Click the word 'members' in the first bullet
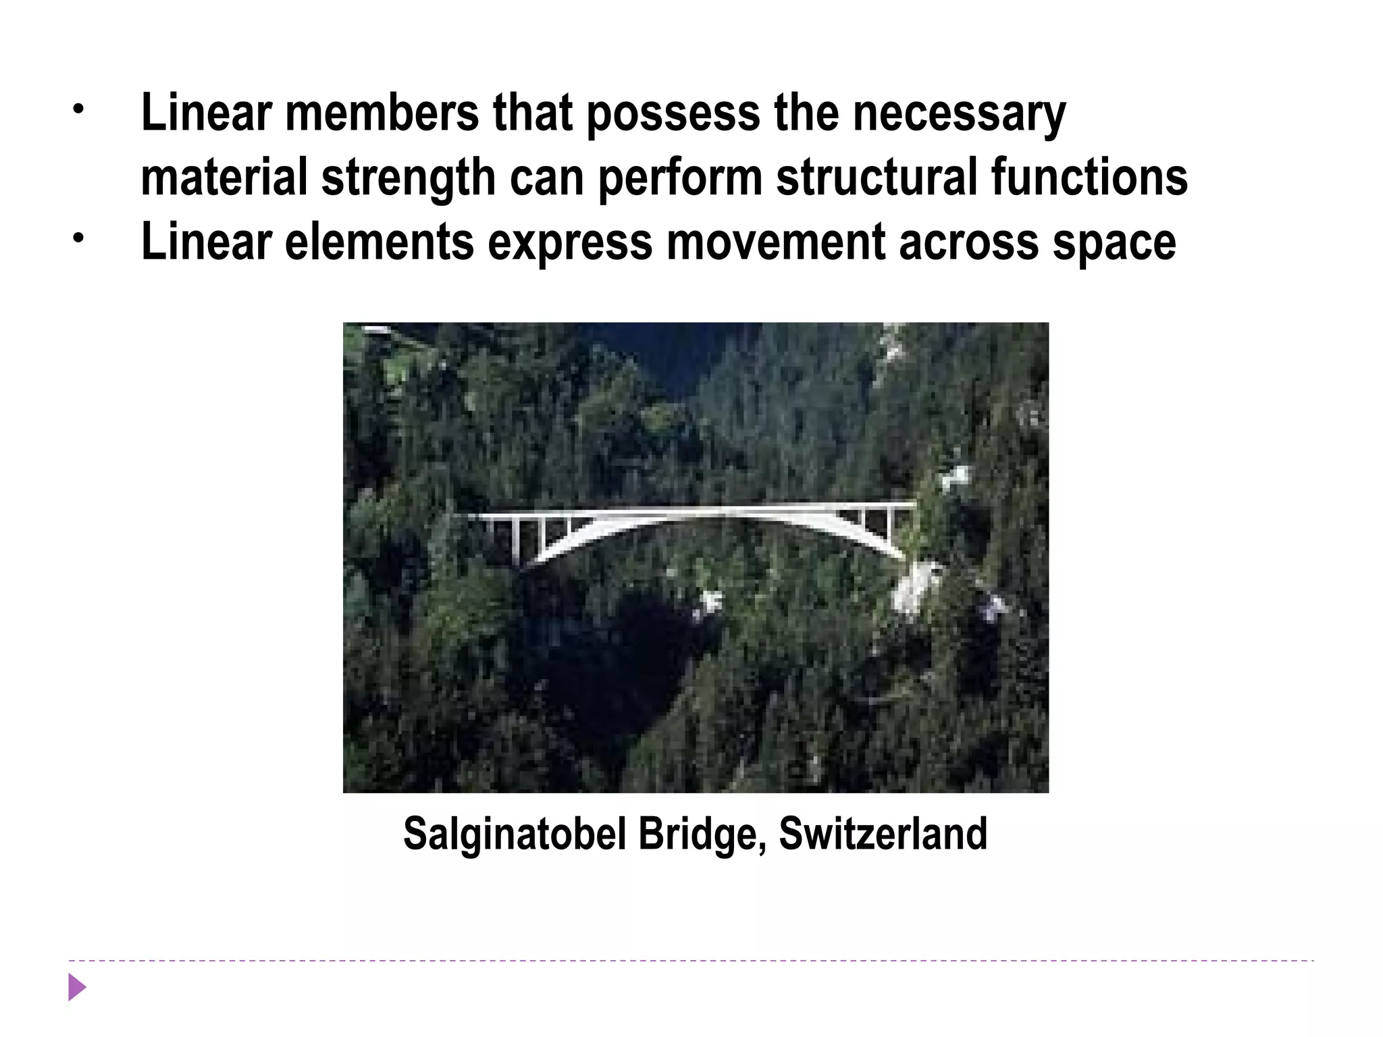click(382, 113)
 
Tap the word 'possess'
click(673, 113)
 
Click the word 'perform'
click(680, 177)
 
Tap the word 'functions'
click(1089, 177)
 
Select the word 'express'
click(570, 242)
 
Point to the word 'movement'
click(776, 242)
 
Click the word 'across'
click(968, 242)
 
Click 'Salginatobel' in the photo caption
click(515, 833)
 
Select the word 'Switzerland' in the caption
click(883, 833)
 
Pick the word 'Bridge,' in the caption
click(702, 833)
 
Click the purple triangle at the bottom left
click(77, 988)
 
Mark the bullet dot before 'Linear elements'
click(79, 238)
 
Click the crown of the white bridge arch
click(702, 512)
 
